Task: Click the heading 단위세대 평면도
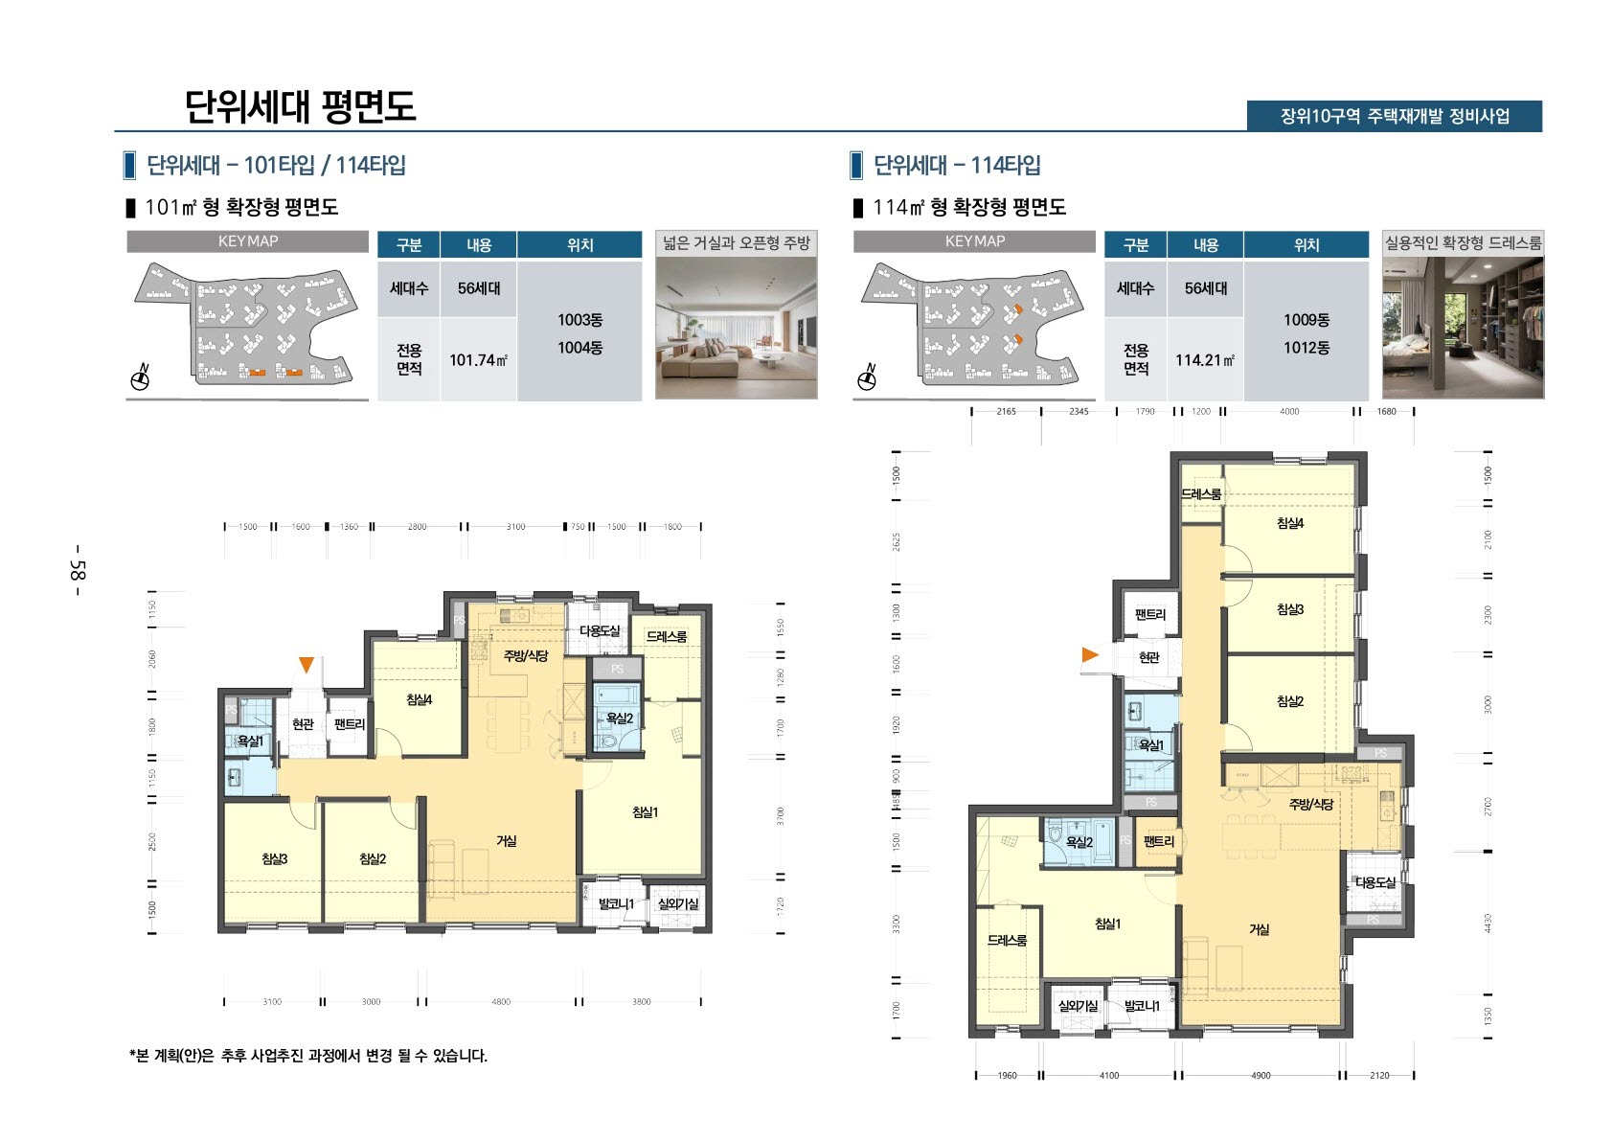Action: (x=300, y=106)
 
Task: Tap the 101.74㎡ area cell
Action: (x=478, y=360)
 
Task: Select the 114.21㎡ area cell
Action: (x=1205, y=360)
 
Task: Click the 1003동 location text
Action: (x=579, y=320)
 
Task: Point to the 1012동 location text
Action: (x=1306, y=348)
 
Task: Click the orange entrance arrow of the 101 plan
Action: (x=306, y=664)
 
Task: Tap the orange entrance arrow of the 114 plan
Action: (x=1090, y=654)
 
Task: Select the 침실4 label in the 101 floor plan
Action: (x=419, y=700)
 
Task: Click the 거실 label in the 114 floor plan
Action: (x=1259, y=929)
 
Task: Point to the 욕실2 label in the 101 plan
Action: (x=619, y=718)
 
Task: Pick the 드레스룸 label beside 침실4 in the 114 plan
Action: (x=1200, y=494)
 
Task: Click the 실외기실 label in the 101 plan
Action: (x=677, y=903)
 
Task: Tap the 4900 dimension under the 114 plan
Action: (x=1261, y=1075)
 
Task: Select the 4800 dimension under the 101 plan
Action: (x=501, y=1002)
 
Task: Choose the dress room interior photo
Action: (x=1463, y=327)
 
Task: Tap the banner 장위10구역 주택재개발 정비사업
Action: (x=1394, y=116)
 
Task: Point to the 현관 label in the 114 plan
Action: (x=1148, y=657)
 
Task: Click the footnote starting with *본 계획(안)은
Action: (x=308, y=1056)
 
